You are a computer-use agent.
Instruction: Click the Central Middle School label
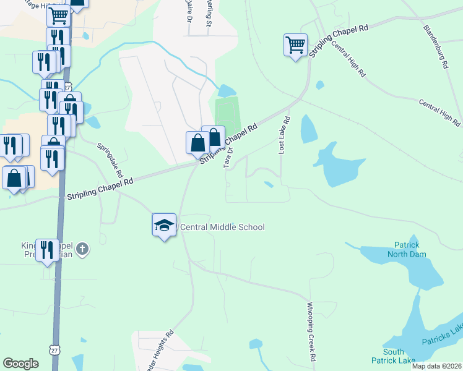pos(222,227)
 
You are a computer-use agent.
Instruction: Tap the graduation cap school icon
pos(164,225)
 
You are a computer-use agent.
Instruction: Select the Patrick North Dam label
pos(404,249)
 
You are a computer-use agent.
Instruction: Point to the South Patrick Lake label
pos(393,356)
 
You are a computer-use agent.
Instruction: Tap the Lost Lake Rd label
pos(283,135)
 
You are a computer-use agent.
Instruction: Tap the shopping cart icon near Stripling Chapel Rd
pos(295,45)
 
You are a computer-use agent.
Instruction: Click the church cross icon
pos(82,250)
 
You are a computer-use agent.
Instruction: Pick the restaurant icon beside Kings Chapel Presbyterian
pos(47,250)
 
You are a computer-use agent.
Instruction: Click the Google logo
pos(21,364)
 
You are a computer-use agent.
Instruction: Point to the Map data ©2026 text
pos(436,366)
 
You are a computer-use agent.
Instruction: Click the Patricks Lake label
pos(441,338)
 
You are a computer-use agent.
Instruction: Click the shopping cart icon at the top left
pos(58,15)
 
